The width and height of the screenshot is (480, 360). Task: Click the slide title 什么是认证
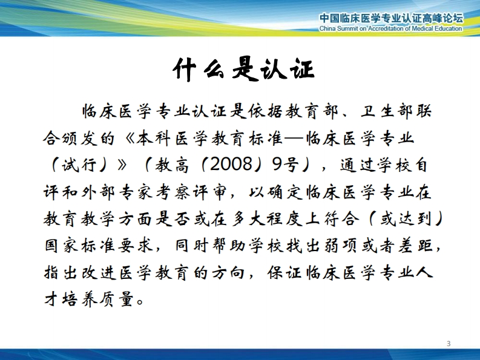pyautogui.click(x=244, y=69)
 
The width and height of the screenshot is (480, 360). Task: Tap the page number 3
pyautogui.click(x=449, y=344)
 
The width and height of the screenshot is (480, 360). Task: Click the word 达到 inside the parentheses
pyautogui.click(x=415, y=219)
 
